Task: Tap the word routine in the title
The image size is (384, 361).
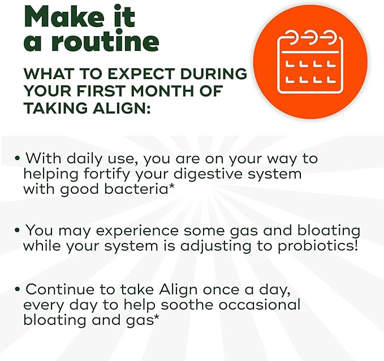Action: point(105,41)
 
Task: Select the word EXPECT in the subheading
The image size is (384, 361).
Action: point(141,73)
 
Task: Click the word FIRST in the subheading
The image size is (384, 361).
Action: point(101,91)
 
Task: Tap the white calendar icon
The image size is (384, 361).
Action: point(310,62)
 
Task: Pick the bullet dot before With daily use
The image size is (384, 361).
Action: point(17,158)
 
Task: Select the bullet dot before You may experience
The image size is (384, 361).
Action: point(17,230)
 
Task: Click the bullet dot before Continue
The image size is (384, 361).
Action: point(17,289)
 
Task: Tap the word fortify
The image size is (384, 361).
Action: point(107,175)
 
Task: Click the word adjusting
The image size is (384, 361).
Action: point(215,246)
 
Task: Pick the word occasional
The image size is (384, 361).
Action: point(260,305)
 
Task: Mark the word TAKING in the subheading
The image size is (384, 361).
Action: point(55,108)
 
